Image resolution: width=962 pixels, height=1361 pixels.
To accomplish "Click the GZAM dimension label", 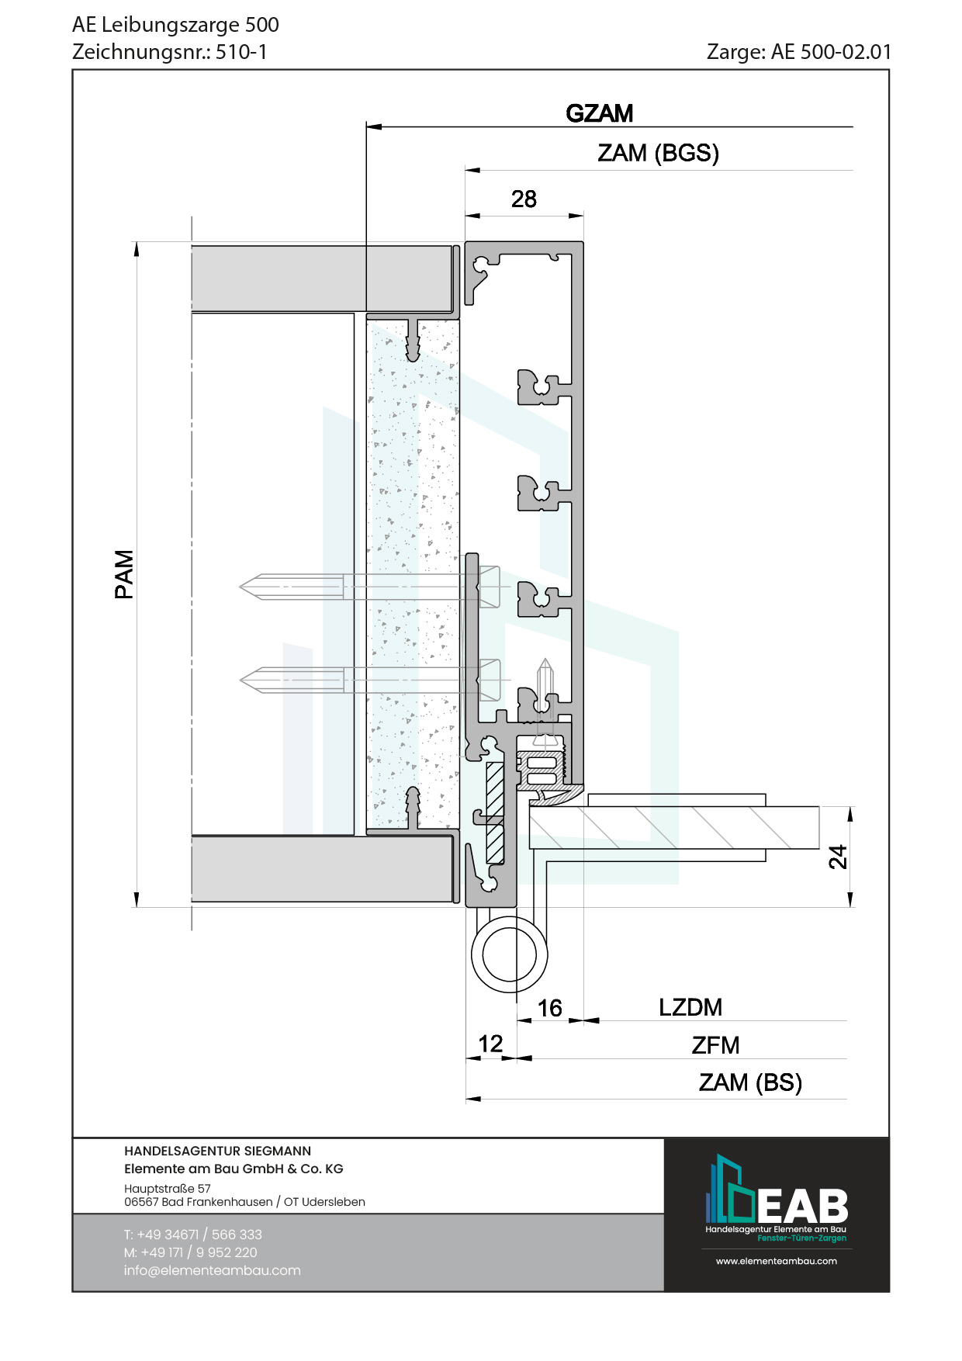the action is pos(600,113).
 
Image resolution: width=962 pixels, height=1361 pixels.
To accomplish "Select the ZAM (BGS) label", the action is pos(658,153).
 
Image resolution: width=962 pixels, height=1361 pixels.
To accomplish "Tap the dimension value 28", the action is pos(524,199).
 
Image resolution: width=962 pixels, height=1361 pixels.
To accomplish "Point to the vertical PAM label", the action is pos(124,574).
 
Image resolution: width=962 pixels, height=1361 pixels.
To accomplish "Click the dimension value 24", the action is pos(838,857).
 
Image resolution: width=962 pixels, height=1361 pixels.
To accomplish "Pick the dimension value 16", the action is pos(549,1008).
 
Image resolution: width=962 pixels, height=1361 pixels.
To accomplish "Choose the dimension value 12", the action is pos(490,1044).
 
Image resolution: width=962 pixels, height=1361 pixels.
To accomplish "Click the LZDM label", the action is pos(690,1007).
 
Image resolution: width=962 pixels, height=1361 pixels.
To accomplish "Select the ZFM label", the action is pos(715,1045).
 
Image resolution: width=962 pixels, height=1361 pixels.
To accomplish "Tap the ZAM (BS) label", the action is pos(750,1082).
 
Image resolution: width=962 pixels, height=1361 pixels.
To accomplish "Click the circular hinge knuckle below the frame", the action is pos(509,954).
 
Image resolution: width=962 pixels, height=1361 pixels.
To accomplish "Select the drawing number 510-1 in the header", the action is pos(241,52).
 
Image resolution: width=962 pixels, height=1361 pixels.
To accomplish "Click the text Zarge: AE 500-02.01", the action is pos(799,52).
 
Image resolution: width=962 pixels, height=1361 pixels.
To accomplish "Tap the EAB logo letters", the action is pos(802,1206).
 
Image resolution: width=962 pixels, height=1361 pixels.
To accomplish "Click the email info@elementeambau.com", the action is pos(212,1270).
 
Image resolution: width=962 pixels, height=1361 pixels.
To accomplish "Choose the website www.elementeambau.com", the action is pos(776,1261).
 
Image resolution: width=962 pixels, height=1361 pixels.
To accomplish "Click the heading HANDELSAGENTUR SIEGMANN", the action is pos(217,1151).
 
